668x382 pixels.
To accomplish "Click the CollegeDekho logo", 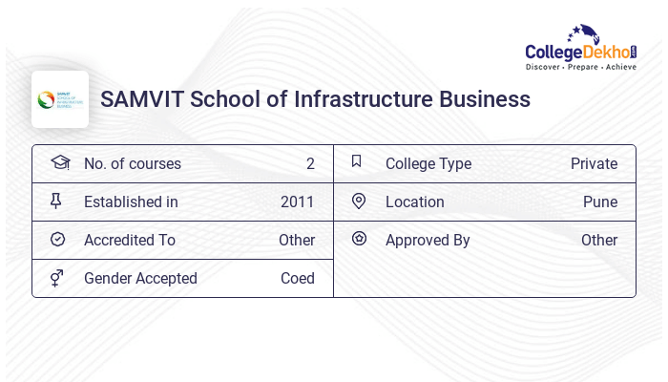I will [x=581, y=48].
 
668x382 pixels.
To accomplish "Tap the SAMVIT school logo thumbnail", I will [x=60, y=99].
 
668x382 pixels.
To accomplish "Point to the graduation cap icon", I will [x=59, y=162].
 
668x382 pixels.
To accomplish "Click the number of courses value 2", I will [x=310, y=163].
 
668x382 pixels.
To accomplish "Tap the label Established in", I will [x=131, y=202].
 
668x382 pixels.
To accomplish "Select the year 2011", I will [x=297, y=202].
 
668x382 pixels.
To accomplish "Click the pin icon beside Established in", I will [x=56, y=201].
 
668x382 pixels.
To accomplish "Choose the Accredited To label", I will [x=130, y=240].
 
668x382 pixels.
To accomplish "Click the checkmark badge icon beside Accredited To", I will [x=57, y=240].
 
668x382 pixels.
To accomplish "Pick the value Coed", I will [x=297, y=278].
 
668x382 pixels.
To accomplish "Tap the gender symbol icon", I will [x=57, y=278].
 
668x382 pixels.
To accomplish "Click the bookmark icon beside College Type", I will [x=357, y=161].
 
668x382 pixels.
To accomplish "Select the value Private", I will [x=594, y=163].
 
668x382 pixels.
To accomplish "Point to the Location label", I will [x=414, y=202].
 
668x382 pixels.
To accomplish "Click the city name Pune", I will [x=600, y=202].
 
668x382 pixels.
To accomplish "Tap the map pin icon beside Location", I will [x=359, y=201].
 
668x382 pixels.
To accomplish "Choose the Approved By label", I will [x=428, y=240].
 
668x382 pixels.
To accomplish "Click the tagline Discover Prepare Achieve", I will [x=581, y=67].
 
